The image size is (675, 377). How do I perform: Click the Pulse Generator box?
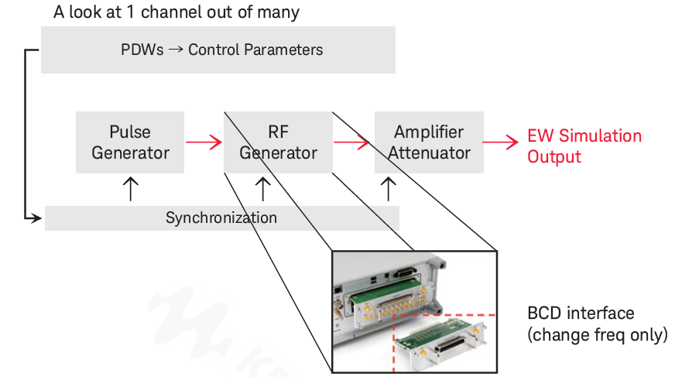coord(130,142)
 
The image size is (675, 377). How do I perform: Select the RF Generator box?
coord(278,142)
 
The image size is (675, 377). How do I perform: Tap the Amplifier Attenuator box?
coord(429,142)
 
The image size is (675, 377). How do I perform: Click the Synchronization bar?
coord(222,218)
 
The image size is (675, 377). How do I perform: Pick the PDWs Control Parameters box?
coord(218,50)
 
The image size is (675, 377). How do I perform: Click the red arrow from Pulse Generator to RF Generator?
coord(204,142)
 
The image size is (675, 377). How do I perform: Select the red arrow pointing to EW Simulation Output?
coord(501,142)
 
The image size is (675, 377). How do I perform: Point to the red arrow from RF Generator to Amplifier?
coord(351,142)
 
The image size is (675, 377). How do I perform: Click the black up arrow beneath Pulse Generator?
coord(131,190)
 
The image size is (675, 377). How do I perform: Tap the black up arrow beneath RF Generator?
coord(263,190)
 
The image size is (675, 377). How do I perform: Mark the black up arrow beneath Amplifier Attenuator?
coord(389,190)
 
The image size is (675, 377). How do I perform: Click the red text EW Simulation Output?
coord(584,146)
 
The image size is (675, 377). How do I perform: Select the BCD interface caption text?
coord(598,324)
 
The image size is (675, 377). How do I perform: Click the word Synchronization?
coord(221,218)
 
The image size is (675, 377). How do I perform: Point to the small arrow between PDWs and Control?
coord(176,50)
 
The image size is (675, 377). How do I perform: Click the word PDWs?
coord(142,50)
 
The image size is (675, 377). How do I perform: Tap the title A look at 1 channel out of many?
coord(176,12)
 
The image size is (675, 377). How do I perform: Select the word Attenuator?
coord(429,153)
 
